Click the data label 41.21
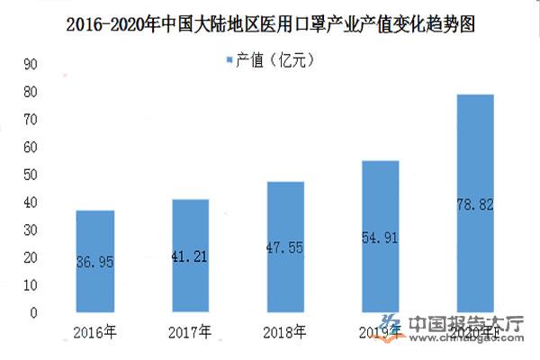(190, 256)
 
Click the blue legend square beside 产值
(227, 60)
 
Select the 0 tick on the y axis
(33, 313)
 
